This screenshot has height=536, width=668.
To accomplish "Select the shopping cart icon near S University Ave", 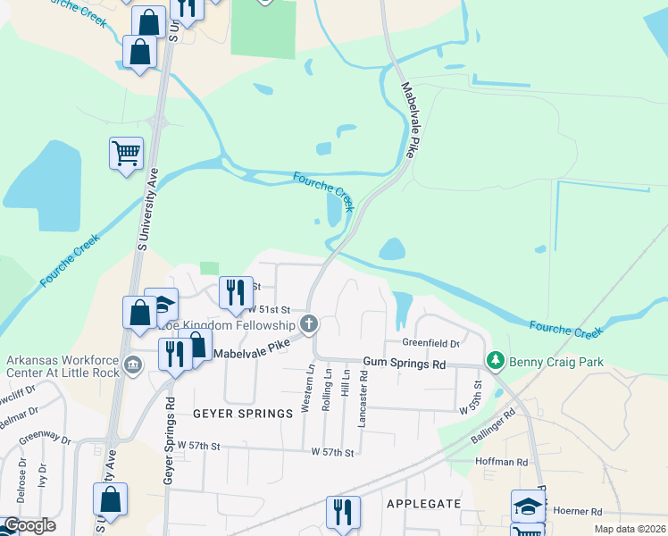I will click(x=125, y=153).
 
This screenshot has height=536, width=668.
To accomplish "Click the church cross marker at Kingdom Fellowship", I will click(x=309, y=322).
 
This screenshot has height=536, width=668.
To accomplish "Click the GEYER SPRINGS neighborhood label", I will click(x=243, y=414).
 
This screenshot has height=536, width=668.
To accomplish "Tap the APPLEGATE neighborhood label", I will click(x=423, y=504).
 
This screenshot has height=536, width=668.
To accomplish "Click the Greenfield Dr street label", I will click(x=430, y=343).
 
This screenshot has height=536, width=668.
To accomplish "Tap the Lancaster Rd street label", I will click(x=363, y=398).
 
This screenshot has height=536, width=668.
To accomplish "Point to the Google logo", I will click(x=29, y=525).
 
